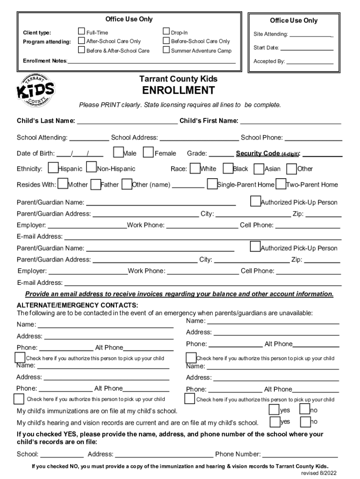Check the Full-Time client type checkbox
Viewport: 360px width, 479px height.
pos(81,32)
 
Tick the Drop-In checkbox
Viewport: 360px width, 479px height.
pos(166,32)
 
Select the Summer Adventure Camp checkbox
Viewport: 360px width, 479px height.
pos(166,50)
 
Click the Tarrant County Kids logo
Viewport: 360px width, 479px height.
pos(36,90)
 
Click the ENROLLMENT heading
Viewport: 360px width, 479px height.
pos(179,90)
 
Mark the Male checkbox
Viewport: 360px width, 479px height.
pos(118,152)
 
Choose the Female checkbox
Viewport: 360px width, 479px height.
pos(148,152)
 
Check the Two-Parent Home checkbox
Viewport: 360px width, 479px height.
pos(281,184)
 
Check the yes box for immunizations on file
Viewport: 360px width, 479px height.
pos(274,410)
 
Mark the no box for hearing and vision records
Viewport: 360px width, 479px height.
pos(305,421)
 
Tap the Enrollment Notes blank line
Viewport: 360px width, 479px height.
pos(152,62)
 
